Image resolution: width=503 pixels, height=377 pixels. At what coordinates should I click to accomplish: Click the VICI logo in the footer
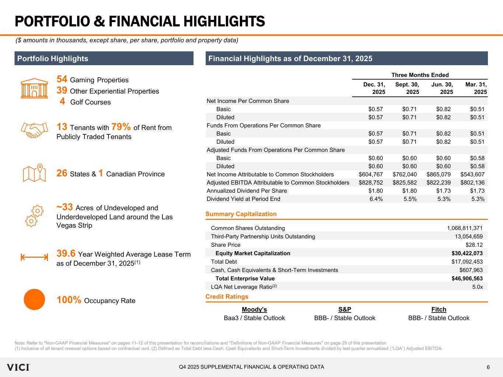pos(18,367)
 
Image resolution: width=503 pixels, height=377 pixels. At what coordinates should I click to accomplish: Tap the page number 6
pos(488,367)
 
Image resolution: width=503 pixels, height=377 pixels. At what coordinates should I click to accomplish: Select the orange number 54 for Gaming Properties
pos(62,80)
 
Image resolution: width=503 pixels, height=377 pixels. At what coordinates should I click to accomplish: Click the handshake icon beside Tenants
pos(34,130)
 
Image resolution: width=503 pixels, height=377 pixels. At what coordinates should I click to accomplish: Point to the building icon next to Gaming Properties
pos(34,88)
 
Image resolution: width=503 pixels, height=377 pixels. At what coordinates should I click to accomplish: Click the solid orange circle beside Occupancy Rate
pos(34,299)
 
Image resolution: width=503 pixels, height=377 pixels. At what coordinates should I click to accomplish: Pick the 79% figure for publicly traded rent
pos(121,127)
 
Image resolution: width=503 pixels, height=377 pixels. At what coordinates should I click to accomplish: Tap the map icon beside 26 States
pos(34,173)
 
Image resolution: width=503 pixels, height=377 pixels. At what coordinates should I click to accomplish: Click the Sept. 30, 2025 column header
pos(407,88)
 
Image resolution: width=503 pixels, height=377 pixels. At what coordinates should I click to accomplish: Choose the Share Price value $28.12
pos(474,245)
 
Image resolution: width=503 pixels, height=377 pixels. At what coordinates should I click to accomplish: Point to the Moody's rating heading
pos(254,309)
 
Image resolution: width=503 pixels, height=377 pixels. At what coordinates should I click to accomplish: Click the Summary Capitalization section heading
pos(241,214)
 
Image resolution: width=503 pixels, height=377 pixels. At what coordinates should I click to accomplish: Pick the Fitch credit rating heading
pos(439,309)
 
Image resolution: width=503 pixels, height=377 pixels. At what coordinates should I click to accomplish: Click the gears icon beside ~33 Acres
pos(34,216)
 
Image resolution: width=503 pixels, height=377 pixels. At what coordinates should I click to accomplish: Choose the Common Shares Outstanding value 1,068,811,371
pos(465,228)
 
